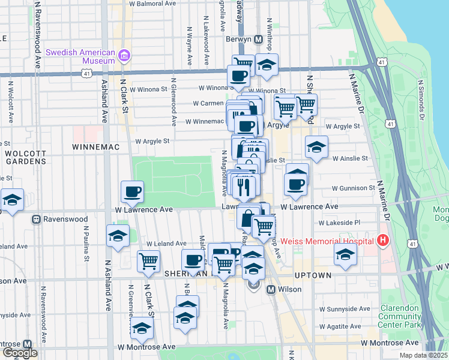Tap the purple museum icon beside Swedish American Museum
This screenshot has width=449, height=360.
125,56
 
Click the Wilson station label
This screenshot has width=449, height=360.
289,289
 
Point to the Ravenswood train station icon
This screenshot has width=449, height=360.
35,220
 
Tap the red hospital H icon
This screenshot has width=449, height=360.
383,241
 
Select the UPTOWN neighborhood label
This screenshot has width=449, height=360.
313,275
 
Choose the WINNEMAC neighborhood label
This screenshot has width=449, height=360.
96,146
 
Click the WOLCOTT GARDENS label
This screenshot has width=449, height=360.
25,157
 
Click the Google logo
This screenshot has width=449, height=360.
20,353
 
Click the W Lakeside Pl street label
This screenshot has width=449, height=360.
339,223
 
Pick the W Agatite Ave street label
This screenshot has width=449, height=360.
340,327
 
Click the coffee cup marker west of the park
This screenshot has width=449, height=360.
132,192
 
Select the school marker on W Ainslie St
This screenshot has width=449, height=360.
316,147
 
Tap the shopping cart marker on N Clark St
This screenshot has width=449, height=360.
148,261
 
